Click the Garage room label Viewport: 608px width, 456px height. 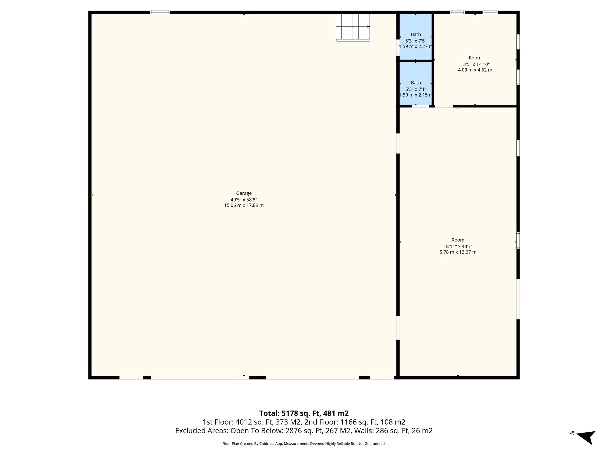click(244, 193)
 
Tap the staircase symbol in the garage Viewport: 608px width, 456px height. click(353, 27)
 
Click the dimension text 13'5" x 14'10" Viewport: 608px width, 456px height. click(475, 64)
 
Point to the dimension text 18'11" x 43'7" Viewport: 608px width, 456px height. click(458, 246)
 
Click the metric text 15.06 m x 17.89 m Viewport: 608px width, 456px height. click(244, 205)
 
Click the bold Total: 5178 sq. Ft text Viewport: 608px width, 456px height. click(304, 413)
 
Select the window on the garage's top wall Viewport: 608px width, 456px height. click(160, 12)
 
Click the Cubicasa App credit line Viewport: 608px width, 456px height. click(304, 444)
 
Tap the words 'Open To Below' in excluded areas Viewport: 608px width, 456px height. click(257, 430)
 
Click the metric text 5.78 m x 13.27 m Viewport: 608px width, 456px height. click(458, 252)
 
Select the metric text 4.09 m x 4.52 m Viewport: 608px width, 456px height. click(475, 70)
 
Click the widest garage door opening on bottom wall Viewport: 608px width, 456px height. click(200, 378)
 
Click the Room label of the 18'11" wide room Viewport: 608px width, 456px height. click(458, 240)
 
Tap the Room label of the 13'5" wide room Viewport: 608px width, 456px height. click(475, 58)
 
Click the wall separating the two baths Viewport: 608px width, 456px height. click(416, 61)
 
